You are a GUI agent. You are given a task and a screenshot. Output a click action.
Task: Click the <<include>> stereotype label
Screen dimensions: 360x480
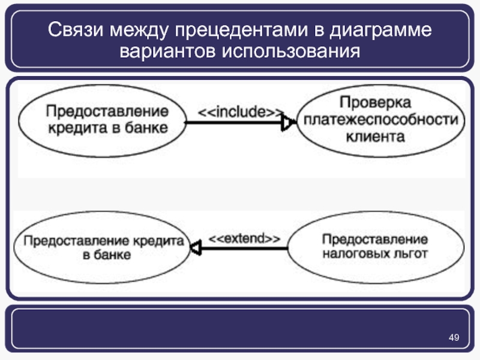tap(241, 112)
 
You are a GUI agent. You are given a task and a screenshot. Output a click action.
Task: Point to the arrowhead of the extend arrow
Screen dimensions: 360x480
tap(195, 247)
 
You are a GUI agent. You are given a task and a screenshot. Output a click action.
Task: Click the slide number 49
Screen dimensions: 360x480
tap(454, 340)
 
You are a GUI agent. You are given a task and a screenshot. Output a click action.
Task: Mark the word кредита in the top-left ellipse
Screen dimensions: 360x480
tap(74, 127)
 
